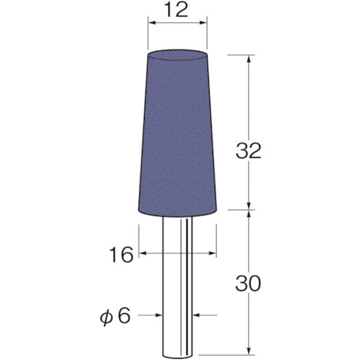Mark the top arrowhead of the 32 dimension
[250, 58]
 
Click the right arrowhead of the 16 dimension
[214, 253]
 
